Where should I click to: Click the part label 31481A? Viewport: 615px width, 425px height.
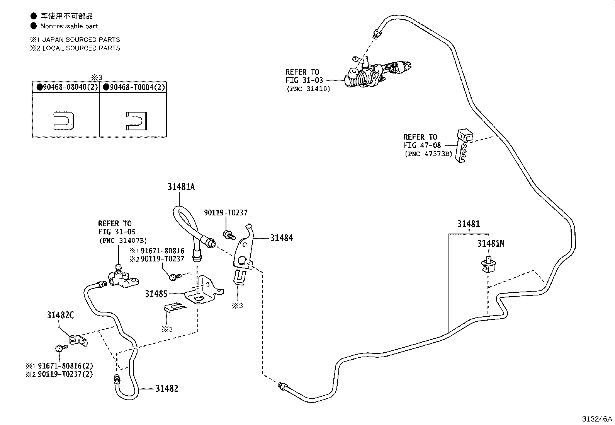pyautogui.click(x=181, y=187)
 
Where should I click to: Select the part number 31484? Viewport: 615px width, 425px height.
pyautogui.click(x=281, y=238)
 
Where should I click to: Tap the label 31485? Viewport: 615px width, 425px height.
pyautogui.click(x=156, y=294)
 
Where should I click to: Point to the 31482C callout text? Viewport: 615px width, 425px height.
pyautogui.click(x=60, y=315)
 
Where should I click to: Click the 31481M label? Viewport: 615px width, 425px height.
pyautogui.click(x=491, y=244)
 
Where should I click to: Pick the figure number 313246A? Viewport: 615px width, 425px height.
pyautogui.click(x=597, y=419)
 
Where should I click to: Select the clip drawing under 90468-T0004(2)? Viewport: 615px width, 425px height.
pyautogui.click(x=136, y=121)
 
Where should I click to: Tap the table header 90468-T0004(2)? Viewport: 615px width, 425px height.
pyautogui.click(x=134, y=87)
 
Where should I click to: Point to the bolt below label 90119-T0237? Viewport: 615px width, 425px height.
pyautogui.click(x=229, y=235)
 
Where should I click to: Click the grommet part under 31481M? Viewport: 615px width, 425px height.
pyautogui.click(x=488, y=265)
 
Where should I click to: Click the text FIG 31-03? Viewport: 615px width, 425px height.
pyautogui.click(x=304, y=80)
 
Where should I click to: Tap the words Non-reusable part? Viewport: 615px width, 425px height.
pyautogui.click(x=69, y=26)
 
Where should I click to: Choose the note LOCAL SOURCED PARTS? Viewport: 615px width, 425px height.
pyautogui.click(x=81, y=48)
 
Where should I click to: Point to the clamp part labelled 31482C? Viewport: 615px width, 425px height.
pyautogui.click(x=78, y=341)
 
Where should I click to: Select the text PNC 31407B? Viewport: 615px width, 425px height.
pyautogui.click(x=123, y=241)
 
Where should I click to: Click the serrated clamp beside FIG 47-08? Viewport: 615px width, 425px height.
pyautogui.click(x=464, y=145)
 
